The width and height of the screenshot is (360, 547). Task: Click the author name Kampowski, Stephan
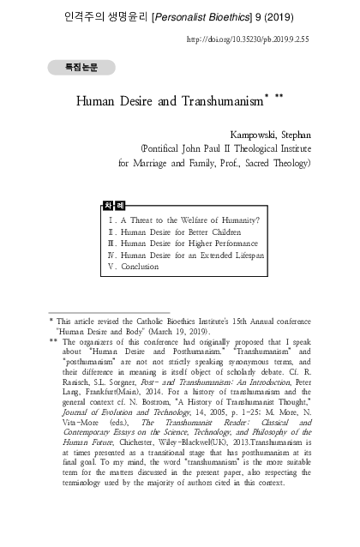coord(272,135)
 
